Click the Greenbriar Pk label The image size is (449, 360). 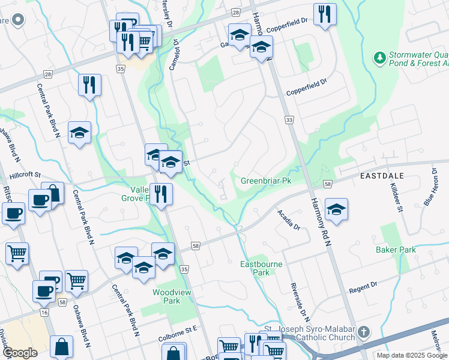(x=265, y=180)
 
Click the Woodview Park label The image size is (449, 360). (x=166, y=296)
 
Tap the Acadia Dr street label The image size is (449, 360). (x=288, y=220)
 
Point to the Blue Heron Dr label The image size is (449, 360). (x=432, y=187)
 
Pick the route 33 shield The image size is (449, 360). (x=289, y=121)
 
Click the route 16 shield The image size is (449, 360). (x=44, y=313)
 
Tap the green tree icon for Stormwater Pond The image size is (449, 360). (x=379, y=58)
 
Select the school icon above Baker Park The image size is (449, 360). (x=336, y=209)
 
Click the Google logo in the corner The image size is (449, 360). (x=20, y=353)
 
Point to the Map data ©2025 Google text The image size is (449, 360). (x=411, y=355)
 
